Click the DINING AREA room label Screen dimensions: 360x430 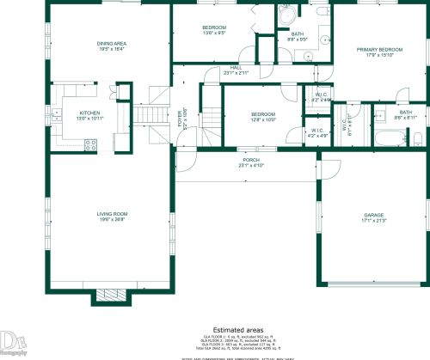coord(112,43)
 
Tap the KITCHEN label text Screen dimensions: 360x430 coord(90,113)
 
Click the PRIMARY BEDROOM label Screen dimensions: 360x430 coord(379,49)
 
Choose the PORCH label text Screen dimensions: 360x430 coord(251,160)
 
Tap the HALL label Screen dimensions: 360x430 coord(235,68)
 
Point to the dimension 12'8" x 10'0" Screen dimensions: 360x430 coord(262,120)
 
